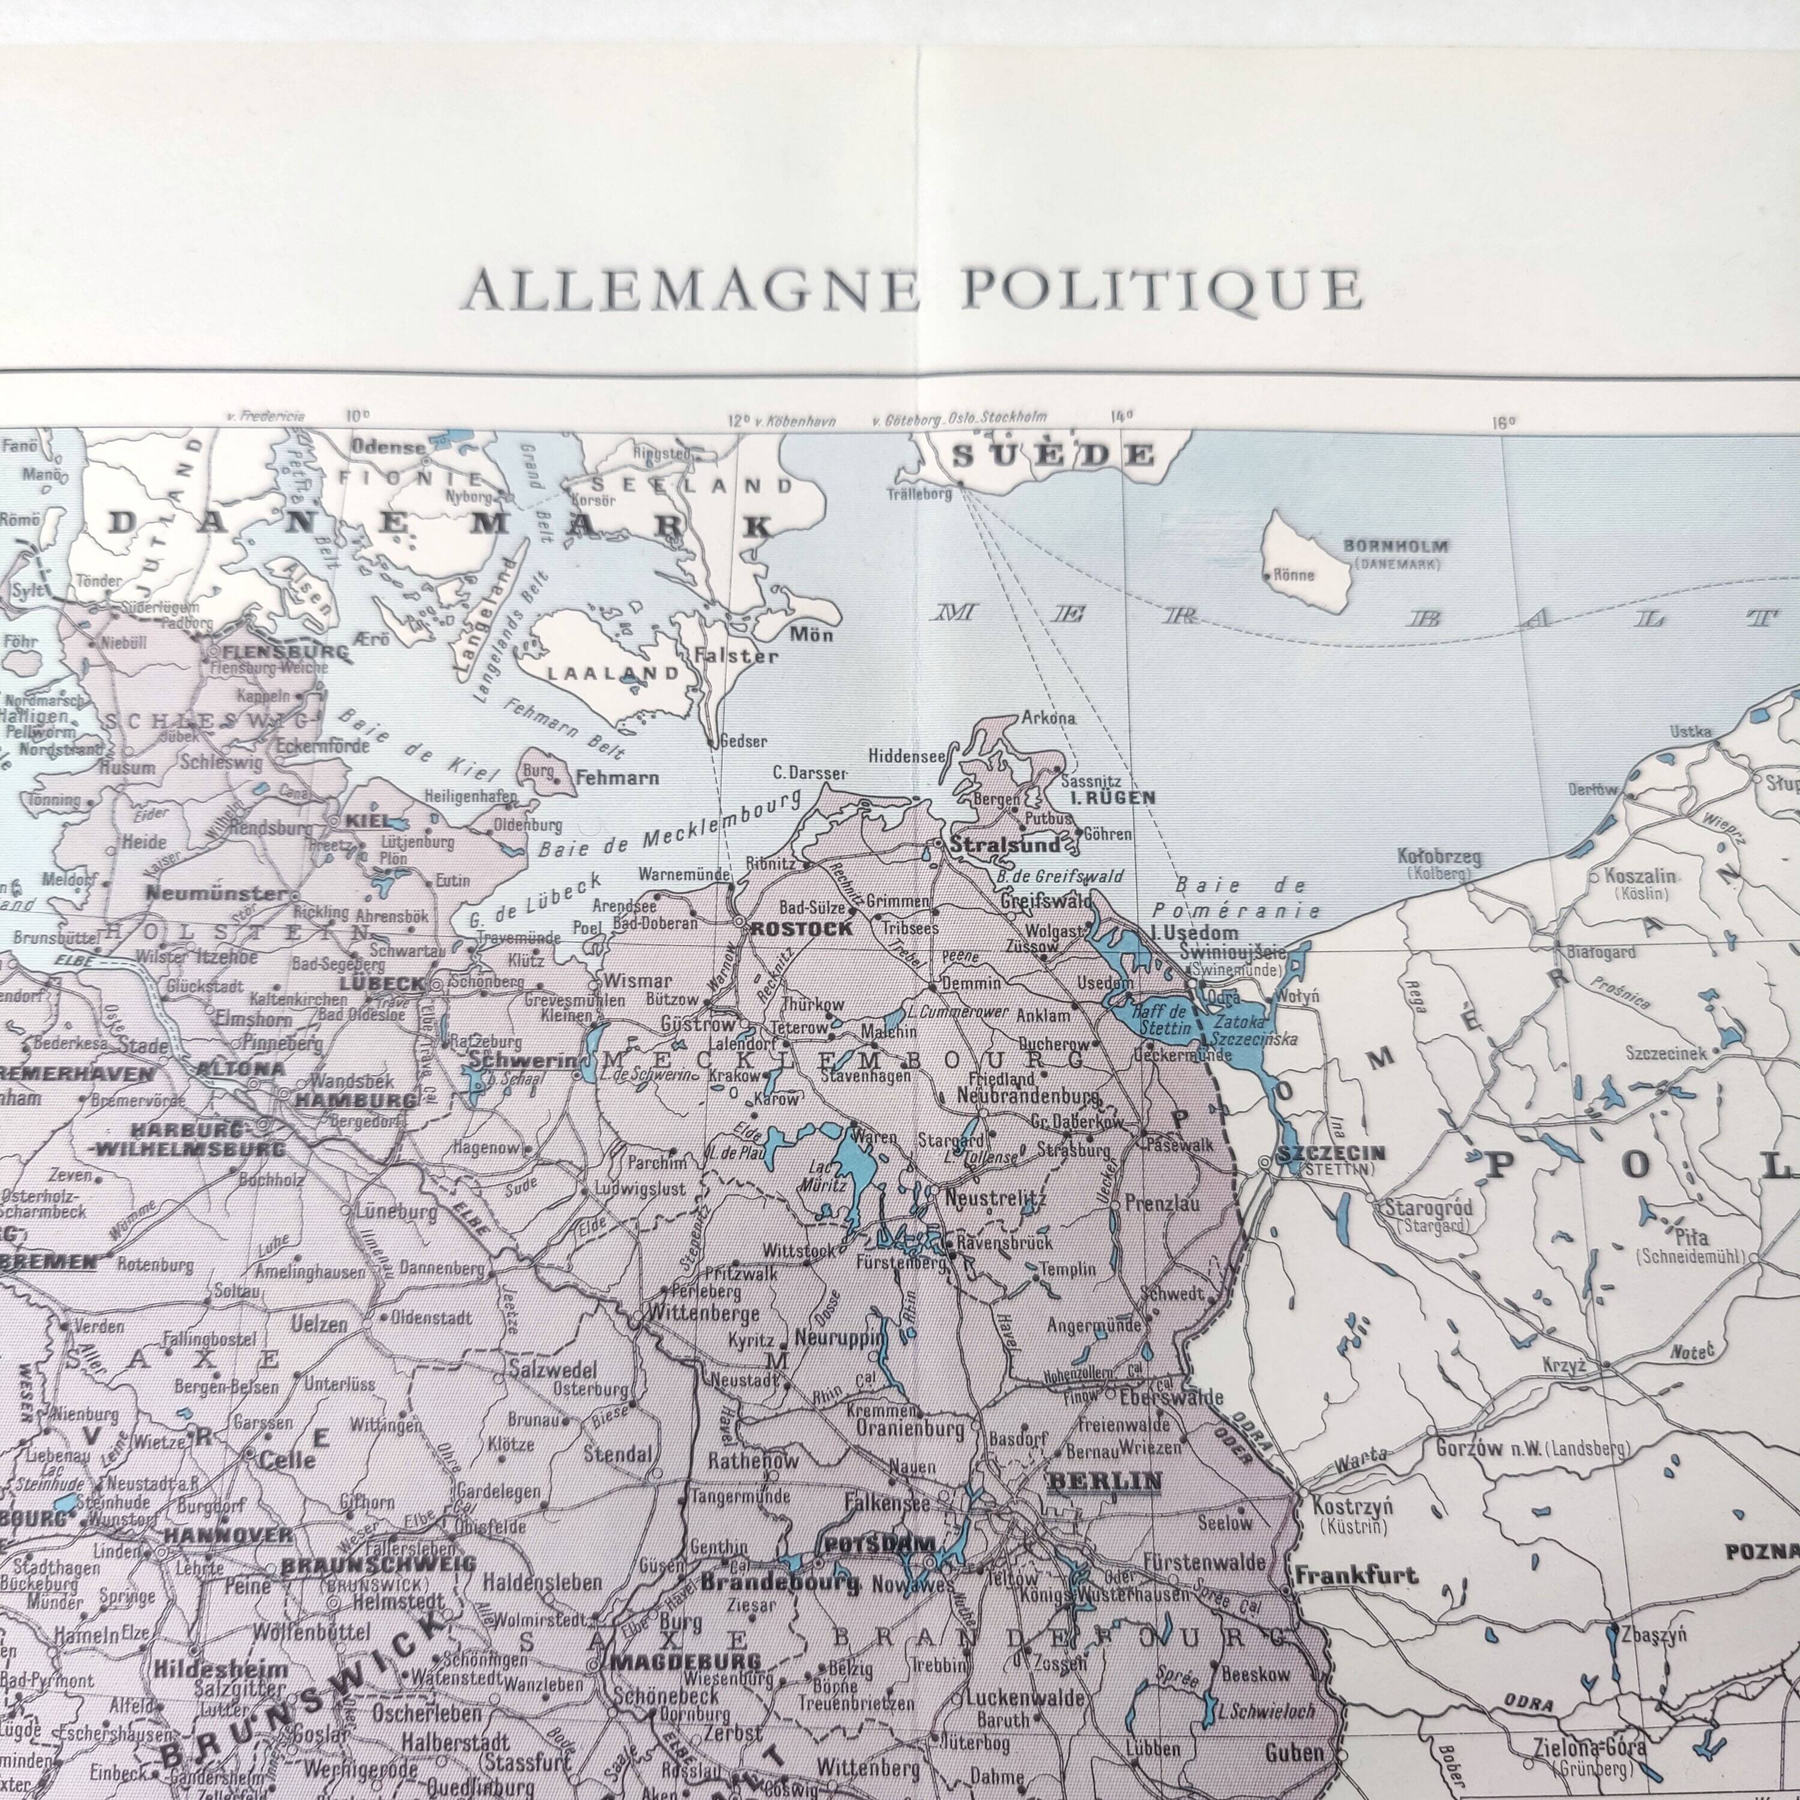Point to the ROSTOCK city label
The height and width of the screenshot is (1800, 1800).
point(801,929)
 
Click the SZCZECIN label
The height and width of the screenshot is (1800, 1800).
point(1330,1153)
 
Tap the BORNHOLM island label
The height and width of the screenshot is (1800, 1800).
point(1396,547)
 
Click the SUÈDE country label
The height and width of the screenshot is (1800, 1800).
point(1053,455)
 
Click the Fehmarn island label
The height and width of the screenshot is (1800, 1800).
point(617,777)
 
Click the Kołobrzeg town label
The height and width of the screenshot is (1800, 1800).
point(1439,857)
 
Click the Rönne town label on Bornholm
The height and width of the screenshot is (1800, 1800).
point(1293,575)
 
